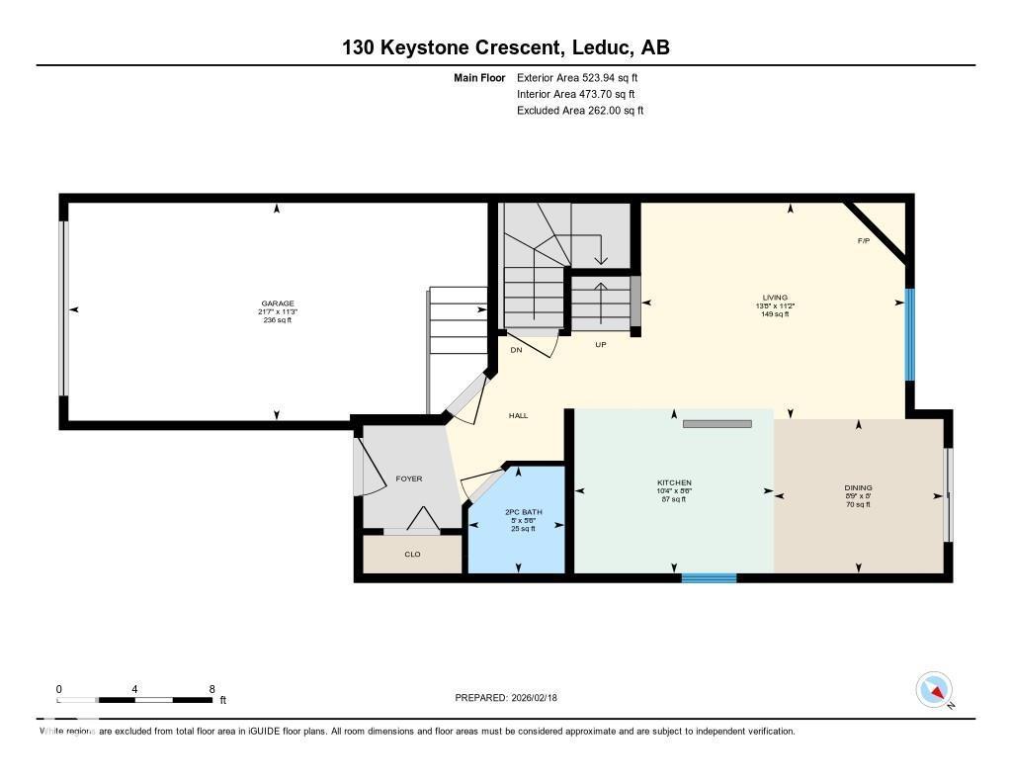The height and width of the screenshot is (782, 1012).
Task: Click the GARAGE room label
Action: [277, 304]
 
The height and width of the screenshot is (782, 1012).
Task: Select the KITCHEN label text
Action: [674, 482]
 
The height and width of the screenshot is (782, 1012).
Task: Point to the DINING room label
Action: [858, 487]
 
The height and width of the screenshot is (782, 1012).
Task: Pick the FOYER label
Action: [409, 478]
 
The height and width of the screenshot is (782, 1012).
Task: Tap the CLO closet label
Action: [412, 554]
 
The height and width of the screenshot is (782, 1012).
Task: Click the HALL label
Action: [518, 416]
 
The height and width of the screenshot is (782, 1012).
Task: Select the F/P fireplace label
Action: [864, 241]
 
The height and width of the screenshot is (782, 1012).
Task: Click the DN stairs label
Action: [516, 350]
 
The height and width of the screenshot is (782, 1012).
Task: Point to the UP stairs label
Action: [600, 345]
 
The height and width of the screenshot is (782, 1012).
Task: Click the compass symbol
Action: [934, 689]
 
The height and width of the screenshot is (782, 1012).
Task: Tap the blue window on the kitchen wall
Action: [709, 577]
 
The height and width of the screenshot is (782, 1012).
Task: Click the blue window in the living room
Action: [910, 334]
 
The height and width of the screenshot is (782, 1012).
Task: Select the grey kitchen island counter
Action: [717, 424]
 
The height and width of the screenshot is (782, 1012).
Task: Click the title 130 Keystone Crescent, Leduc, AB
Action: [506, 47]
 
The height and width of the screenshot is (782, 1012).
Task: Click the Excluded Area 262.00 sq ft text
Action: [580, 111]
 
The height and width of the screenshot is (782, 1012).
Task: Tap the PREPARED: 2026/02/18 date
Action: [512, 697]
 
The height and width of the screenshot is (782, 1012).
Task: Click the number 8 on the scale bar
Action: [211, 689]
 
